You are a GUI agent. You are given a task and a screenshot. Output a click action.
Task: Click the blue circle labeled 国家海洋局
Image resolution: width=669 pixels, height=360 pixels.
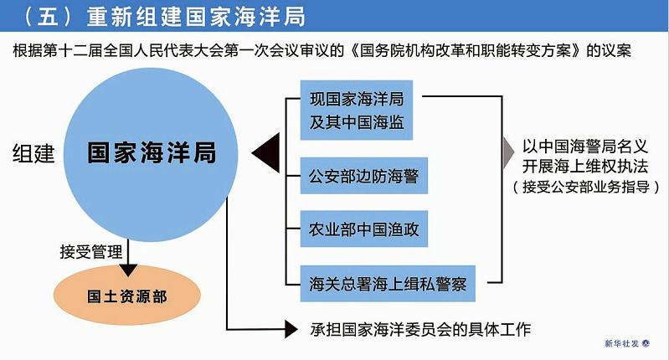click(151, 154)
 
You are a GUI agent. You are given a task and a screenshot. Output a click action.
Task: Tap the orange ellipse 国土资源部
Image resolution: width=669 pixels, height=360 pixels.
click(127, 296)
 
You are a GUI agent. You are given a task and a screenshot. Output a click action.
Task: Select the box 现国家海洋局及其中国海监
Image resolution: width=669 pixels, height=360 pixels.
click(357, 110)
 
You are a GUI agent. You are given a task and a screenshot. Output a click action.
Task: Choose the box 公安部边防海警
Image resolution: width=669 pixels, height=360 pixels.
click(364, 176)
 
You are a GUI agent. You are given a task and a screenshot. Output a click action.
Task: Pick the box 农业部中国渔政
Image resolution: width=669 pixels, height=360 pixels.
click(364, 229)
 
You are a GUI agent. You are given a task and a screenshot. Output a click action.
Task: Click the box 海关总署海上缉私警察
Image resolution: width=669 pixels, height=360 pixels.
click(388, 284)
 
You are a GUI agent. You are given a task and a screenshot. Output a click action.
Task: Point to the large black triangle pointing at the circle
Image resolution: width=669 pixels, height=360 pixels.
click(265, 152)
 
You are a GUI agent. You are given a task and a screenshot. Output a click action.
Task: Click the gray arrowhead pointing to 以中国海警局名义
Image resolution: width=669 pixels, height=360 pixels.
click(508, 152)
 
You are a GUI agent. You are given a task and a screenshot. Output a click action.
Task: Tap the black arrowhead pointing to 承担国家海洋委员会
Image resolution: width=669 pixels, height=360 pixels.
click(291, 329)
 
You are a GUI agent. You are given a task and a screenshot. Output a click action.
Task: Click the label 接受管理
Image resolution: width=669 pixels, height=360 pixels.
click(91, 252)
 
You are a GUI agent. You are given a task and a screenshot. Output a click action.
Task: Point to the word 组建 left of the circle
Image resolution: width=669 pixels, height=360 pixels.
click(33, 153)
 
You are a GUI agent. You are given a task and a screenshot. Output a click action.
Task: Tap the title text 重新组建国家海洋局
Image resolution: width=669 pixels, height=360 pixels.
click(196, 16)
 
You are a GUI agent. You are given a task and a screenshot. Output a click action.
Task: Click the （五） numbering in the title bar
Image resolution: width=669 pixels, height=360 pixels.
click(48, 16)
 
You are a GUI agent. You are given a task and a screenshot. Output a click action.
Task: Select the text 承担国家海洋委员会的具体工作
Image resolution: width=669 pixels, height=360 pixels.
click(420, 329)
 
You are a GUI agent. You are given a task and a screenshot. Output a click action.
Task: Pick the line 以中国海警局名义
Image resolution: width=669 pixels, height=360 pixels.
click(585, 147)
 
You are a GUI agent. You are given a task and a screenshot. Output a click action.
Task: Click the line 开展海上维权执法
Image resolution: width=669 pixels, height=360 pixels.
click(585, 166)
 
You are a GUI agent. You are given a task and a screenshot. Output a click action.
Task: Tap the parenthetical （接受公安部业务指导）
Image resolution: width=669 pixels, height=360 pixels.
click(586, 187)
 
